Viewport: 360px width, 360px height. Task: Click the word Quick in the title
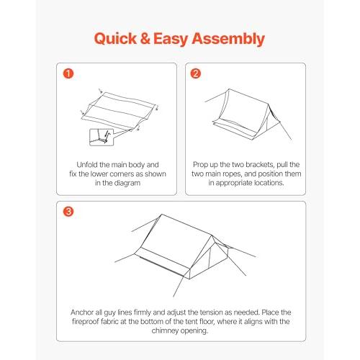[x=115, y=39]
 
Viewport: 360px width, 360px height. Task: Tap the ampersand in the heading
[x=145, y=39]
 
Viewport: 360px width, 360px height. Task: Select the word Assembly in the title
[x=228, y=39]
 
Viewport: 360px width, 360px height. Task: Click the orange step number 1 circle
[x=68, y=73]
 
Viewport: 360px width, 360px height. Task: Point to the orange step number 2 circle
[x=196, y=73]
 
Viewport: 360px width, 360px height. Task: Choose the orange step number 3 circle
[x=68, y=212]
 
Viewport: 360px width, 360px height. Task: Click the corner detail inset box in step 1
[x=102, y=138]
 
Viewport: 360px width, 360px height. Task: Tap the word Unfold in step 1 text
[x=87, y=165]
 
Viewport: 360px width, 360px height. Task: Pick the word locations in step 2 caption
[x=269, y=183]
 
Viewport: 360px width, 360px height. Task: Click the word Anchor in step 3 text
[x=82, y=312]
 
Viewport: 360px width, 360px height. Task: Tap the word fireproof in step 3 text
[x=86, y=322]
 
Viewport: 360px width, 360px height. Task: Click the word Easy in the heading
[x=171, y=39]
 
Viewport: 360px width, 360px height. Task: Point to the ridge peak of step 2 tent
[x=229, y=89]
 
